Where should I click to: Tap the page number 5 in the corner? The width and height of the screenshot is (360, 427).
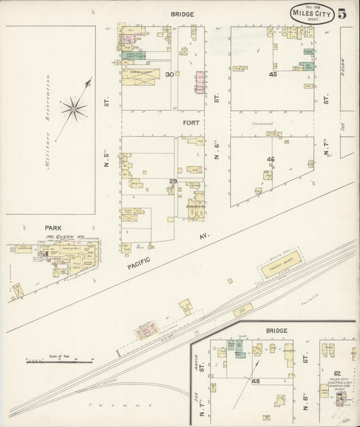coord(343,13)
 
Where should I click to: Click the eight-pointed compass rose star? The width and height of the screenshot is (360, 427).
coord(73,107)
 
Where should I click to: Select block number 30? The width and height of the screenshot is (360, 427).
coord(170,74)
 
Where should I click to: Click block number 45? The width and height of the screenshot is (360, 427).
coord(273,74)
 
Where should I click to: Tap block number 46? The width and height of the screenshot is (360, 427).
coord(271,159)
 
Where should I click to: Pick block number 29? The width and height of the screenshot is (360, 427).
coord(172,182)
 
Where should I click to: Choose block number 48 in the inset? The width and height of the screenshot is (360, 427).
coord(256,382)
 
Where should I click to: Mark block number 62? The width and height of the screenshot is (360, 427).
coord(337,373)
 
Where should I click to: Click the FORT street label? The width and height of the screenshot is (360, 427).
coord(190,124)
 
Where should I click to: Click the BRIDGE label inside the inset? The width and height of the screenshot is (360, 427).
coord(276,330)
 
